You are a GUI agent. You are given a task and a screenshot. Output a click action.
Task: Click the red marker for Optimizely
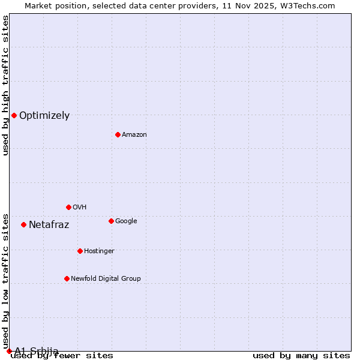pyautogui.click(x=14, y=115)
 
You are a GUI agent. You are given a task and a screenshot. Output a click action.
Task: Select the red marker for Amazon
pyautogui.click(x=118, y=134)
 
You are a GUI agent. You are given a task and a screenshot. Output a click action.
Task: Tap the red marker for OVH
pyautogui.click(x=68, y=207)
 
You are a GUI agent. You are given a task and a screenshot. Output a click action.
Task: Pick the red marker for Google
pyautogui.click(x=111, y=221)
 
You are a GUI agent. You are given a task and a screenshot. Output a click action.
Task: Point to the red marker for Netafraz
pyautogui.click(x=23, y=224)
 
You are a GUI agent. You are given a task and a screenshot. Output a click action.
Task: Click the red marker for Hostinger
pyautogui.click(x=80, y=251)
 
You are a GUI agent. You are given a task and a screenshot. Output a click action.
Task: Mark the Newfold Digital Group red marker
pyautogui.click(x=67, y=278)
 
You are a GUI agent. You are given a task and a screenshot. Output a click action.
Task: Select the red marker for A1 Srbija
pyautogui.click(x=9, y=351)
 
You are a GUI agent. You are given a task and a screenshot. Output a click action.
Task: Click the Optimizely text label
pyautogui.click(x=44, y=116)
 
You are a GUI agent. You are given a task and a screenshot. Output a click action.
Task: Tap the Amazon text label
pyautogui.click(x=134, y=135)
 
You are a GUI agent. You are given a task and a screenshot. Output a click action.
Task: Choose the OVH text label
pyautogui.click(x=80, y=208)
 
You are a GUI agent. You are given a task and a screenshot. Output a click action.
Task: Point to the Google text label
pyautogui.click(x=126, y=221)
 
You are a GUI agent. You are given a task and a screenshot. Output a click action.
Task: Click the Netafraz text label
pyautogui.click(x=49, y=225)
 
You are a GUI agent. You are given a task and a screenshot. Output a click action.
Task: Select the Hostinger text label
pyautogui.click(x=99, y=251)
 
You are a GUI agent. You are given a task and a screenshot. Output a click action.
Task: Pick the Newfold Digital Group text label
pyautogui.click(x=106, y=279)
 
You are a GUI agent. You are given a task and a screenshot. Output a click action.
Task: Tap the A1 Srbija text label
pyautogui.click(x=37, y=351)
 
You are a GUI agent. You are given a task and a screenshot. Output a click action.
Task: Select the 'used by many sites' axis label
pyautogui.click(x=301, y=356)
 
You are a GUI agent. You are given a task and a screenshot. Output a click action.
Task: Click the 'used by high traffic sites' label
pyautogui.click(x=6, y=85)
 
